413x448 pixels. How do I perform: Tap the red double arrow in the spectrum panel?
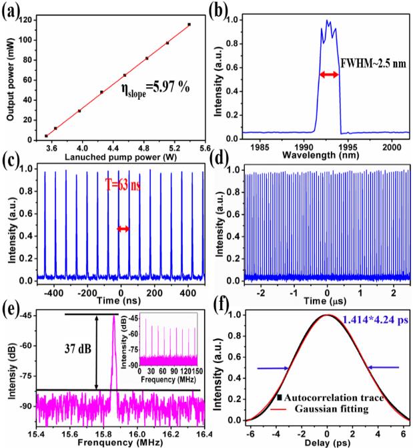tap(328, 75)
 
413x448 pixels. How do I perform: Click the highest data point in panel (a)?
tap(189, 25)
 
